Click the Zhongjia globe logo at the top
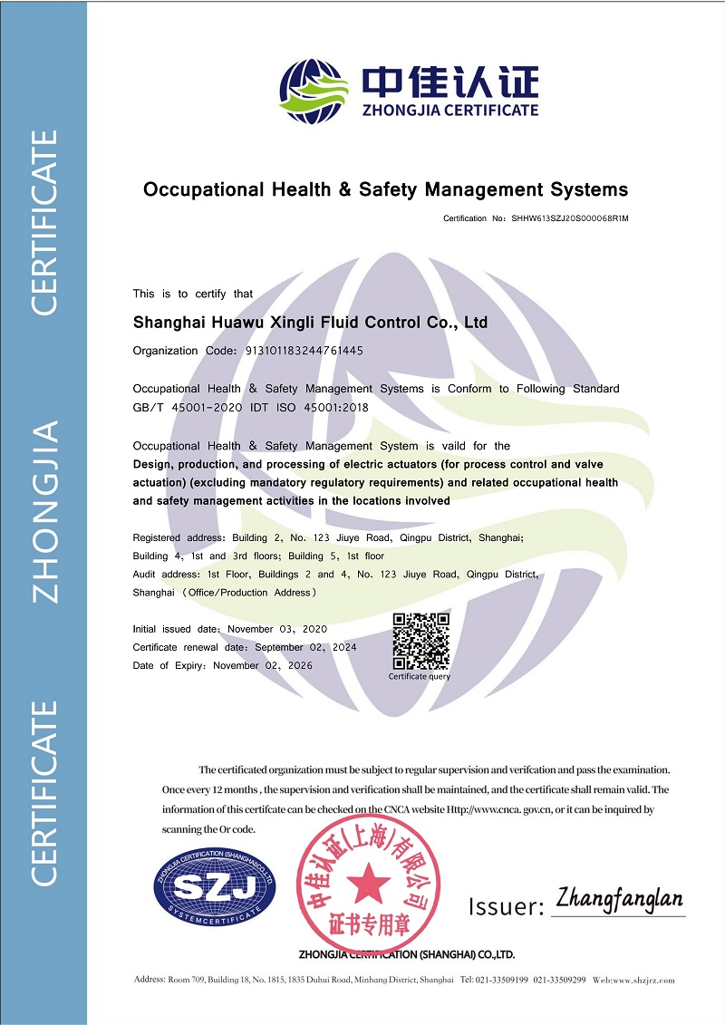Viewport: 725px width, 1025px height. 314,91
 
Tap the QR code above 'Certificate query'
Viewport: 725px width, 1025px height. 420,642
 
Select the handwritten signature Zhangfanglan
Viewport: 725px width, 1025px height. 620,900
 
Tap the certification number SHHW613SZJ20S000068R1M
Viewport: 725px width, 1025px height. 571,219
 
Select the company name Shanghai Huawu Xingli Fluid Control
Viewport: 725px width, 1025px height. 310,323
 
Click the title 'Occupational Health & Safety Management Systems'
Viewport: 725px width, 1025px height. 385,189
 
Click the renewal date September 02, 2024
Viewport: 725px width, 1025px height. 305,647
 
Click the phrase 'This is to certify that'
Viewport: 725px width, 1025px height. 193,294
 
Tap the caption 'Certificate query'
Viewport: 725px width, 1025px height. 420,676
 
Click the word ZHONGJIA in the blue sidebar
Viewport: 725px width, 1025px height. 45,511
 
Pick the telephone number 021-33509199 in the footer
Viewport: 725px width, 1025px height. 502,981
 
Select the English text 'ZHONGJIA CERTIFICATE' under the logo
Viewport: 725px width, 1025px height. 450,111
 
